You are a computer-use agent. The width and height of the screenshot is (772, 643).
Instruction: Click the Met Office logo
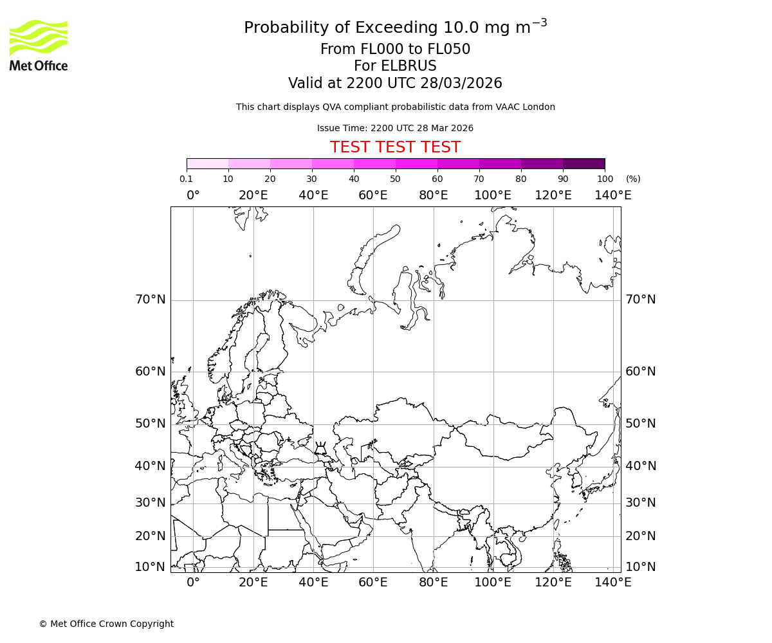[x=39, y=45]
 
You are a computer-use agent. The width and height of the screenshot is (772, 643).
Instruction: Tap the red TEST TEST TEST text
[x=395, y=147]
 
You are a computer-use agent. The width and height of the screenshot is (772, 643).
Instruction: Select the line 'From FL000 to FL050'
[x=395, y=50]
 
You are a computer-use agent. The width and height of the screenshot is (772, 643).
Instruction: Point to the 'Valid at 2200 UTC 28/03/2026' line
[x=395, y=84]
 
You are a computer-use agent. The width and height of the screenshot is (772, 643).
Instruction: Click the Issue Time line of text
[x=395, y=129]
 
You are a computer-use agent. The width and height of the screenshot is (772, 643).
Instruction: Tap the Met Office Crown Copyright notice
[x=106, y=624]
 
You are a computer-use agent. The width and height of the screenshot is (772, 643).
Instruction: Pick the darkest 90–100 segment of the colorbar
[x=584, y=163]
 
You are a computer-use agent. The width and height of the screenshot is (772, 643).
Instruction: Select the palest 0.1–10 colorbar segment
[x=207, y=163]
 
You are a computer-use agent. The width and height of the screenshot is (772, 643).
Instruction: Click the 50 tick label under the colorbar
[x=395, y=179]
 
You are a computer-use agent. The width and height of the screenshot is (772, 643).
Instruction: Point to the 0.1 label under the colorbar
[x=186, y=179]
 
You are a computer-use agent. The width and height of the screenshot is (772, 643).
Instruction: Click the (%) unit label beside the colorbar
[x=633, y=179]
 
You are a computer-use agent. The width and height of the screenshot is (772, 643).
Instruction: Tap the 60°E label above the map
[x=373, y=195]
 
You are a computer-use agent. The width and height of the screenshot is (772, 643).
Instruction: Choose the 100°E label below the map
[x=493, y=583]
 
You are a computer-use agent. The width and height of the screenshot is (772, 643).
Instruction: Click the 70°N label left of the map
[x=150, y=300]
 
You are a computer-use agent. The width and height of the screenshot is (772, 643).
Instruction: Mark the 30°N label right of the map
[x=640, y=503]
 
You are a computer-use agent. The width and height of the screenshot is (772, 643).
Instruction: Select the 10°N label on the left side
[x=150, y=567]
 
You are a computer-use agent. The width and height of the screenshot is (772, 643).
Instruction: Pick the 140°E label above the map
[x=612, y=195]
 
